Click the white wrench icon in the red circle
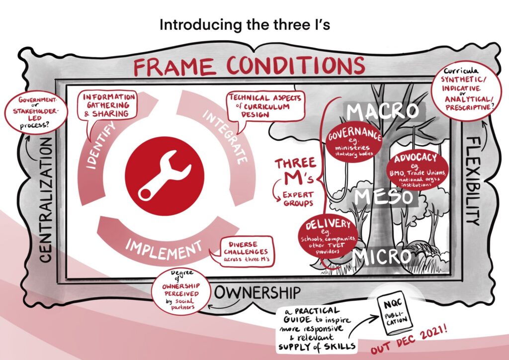pos(164,176)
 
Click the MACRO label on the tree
pos(382,111)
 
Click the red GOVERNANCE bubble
pos(354,142)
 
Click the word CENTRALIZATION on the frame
pos(46,200)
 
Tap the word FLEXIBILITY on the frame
pos(474,181)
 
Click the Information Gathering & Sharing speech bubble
pos(107,106)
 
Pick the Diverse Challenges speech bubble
pos(244,252)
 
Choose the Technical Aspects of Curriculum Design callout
pos(265,107)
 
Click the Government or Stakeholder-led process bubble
pos(36,112)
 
